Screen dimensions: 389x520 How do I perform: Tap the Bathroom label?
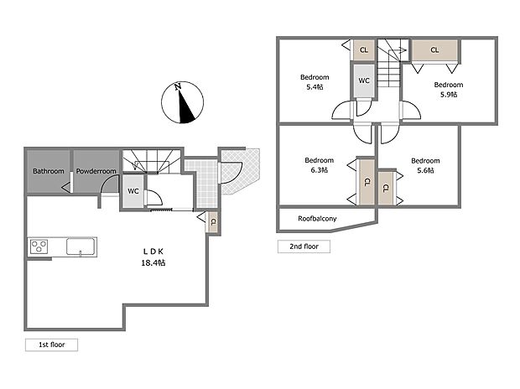[49, 171]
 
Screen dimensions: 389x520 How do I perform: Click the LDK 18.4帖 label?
[153, 257]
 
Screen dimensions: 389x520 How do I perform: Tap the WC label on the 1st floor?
[133, 191]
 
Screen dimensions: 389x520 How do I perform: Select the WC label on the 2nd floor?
[364, 80]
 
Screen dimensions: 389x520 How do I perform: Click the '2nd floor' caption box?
[304, 246]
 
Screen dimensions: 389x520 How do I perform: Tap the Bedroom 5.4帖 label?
[315, 82]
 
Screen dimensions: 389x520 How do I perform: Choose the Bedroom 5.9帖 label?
[448, 89]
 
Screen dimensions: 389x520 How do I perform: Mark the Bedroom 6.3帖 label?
[319, 165]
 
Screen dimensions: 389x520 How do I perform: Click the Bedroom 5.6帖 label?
[425, 165]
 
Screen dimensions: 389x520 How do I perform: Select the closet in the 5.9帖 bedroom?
[434, 50]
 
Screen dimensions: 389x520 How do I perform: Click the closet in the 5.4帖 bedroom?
[363, 50]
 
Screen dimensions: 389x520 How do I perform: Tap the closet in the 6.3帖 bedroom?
[366, 183]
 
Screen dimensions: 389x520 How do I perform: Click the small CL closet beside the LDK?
[213, 222]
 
